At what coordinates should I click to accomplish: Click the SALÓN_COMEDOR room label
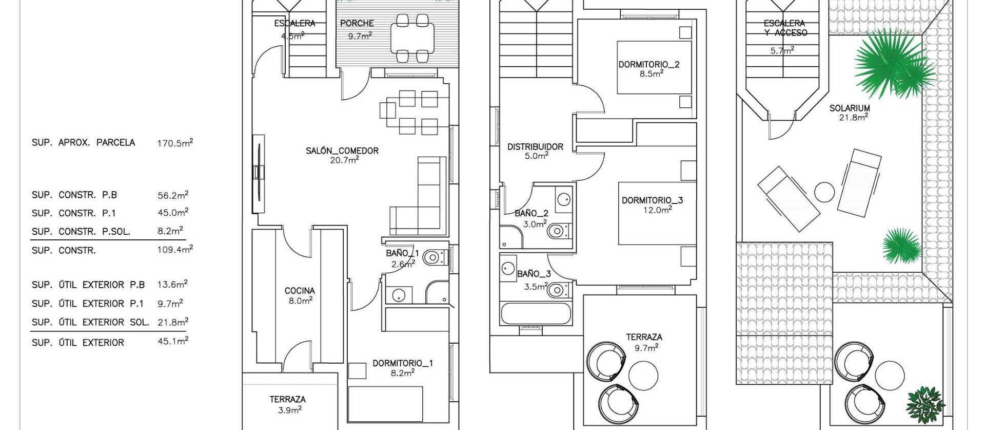342,151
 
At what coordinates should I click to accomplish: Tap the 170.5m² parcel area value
175,143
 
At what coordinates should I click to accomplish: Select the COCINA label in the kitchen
300,291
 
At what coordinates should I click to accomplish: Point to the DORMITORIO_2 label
648,64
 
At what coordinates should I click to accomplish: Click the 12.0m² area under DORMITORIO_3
657,210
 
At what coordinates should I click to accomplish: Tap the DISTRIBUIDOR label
535,147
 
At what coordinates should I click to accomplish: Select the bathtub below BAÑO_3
536,313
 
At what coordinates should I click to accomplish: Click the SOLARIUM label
850,108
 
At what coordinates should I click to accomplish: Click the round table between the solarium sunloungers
825,193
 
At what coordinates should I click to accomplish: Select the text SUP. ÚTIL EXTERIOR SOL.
90,323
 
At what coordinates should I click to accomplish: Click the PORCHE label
357,23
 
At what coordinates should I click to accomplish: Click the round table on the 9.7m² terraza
643,376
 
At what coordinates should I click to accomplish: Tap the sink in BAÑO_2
564,198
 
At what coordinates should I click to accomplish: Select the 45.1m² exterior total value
173,341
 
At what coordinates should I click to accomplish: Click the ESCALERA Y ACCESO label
784,28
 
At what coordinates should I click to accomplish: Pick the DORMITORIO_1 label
403,363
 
